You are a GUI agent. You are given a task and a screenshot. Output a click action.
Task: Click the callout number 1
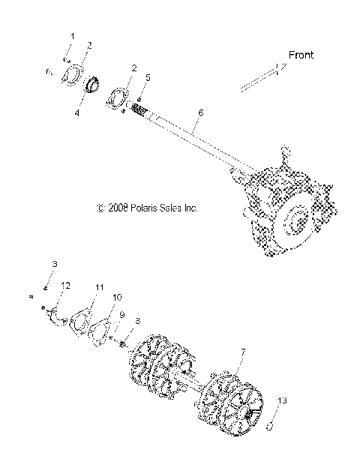click(x=73, y=36)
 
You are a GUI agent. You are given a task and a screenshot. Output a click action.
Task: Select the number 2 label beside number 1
click(x=88, y=46)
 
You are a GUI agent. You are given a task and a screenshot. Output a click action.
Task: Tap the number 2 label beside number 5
click(x=133, y=68)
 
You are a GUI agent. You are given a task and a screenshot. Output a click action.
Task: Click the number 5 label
click(x=148, y=77)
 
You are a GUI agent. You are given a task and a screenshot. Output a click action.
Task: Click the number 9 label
click(x=121, y=315)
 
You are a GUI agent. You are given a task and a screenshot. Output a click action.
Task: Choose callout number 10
click(x=116, y=298)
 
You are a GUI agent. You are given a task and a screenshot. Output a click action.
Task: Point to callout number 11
click(x=99, y=287)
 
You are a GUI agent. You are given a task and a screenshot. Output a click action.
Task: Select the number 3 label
click(x=55, y=265)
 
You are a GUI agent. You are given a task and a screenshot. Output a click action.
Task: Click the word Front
click(x=300, y=54)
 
